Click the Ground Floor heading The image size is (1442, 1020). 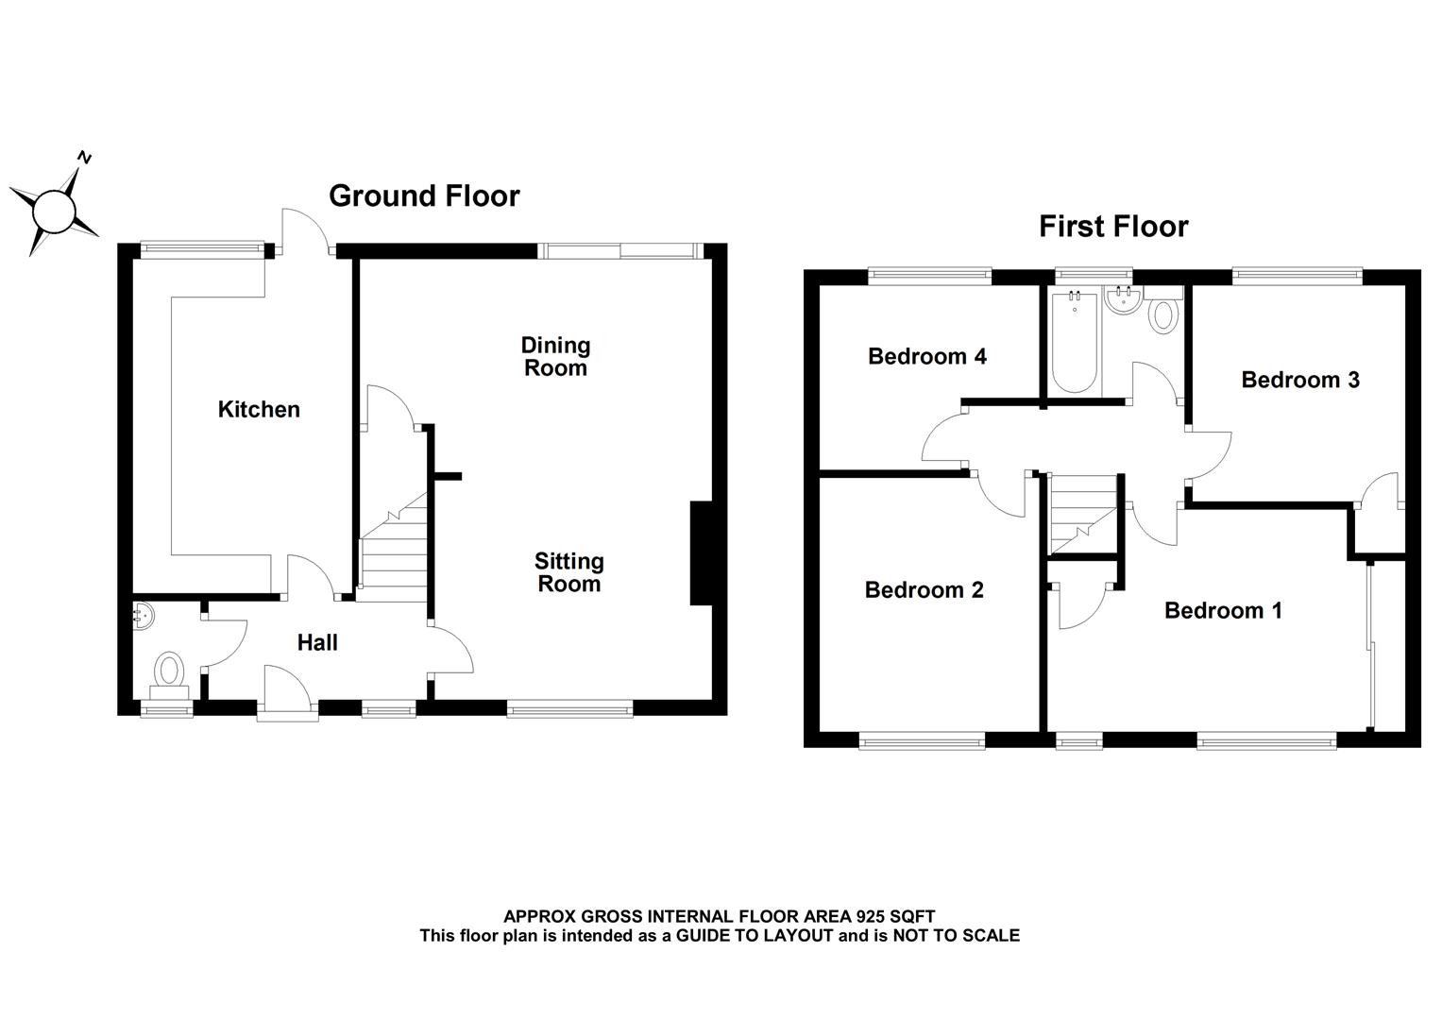pyautogui.click(x=424, y=195)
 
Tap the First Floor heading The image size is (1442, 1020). pyautogui.click(x=1113, y=227)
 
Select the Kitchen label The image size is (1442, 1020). pyautogui.click(x=259, y=409)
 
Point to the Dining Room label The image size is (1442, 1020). pyautogui.click(x=555, y=357)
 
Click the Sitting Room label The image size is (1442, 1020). pyautogui.click(x=568, y=572)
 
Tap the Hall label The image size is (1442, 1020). pyautogui.click(x=317, y=643)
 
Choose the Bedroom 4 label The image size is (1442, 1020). pyautogui.click(x=927, y=356)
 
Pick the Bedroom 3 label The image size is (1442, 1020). pyautogui.click(x=1300, y=380)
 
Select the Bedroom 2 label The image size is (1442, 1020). pyautogui.click(x=924, y=590)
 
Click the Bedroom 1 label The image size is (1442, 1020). pyautogui.click(x=1223, y=611)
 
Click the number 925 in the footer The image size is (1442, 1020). pyautogui.click(x=872, y=916)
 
